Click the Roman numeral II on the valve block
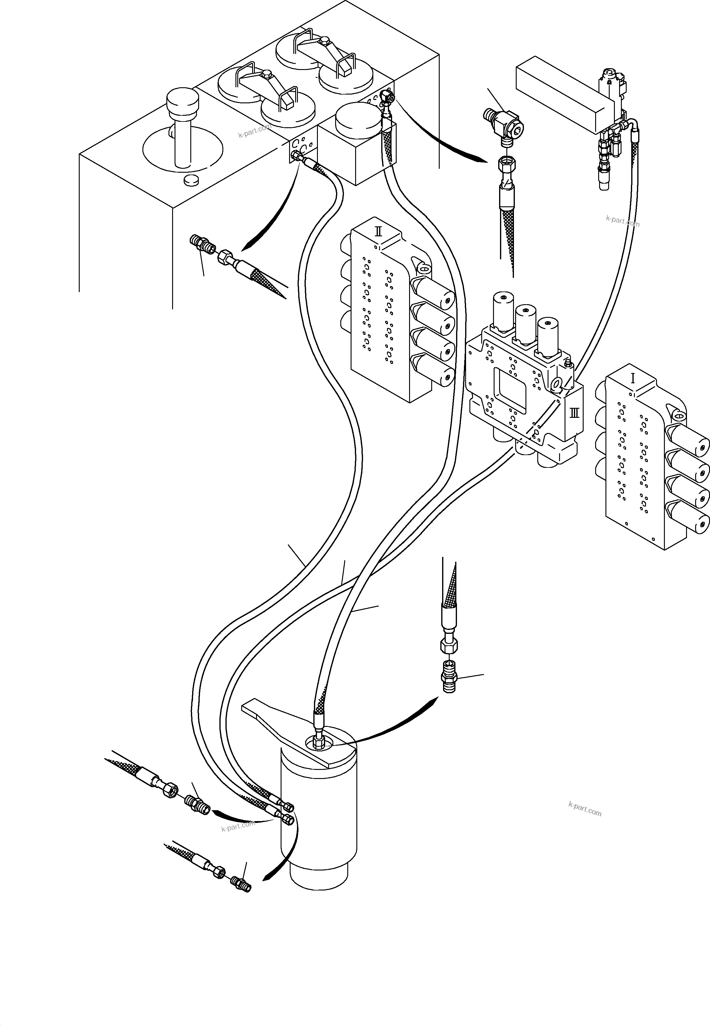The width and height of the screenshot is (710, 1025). pos(378,231)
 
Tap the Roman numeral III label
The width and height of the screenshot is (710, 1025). pos(574,413)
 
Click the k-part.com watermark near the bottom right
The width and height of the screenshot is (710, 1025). pos(585,809)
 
